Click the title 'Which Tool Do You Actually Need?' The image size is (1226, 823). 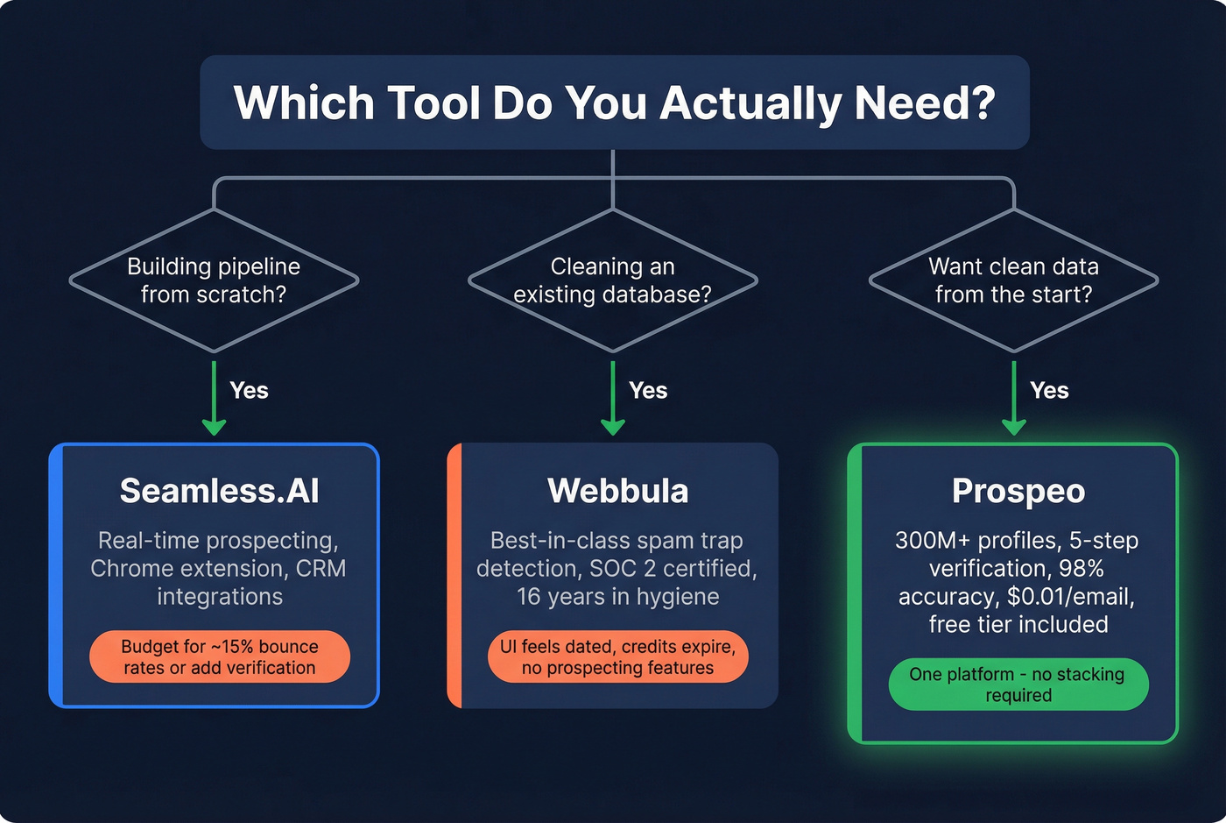pos(614,103)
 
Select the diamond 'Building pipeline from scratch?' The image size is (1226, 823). pos(214,280)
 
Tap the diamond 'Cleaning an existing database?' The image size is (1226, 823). pos(612,280)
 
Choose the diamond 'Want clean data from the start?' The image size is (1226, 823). pos(1013,280)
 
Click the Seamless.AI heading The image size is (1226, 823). pos(219,491)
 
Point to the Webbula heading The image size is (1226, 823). pos(617,491)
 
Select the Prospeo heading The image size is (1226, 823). pos(1018,492)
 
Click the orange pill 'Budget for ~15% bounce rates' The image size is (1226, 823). pos(219,656)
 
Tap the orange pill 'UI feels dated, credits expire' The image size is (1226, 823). pos(617,656)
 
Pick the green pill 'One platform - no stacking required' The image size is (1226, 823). pos(1018,685)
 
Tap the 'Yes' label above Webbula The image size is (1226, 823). pos(648,391)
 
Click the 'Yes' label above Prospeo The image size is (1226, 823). pos(1049,391)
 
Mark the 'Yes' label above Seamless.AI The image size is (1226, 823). pos(249,391)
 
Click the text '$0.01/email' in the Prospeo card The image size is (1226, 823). pos(1070,597)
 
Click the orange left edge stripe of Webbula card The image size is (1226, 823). pos(454,576)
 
